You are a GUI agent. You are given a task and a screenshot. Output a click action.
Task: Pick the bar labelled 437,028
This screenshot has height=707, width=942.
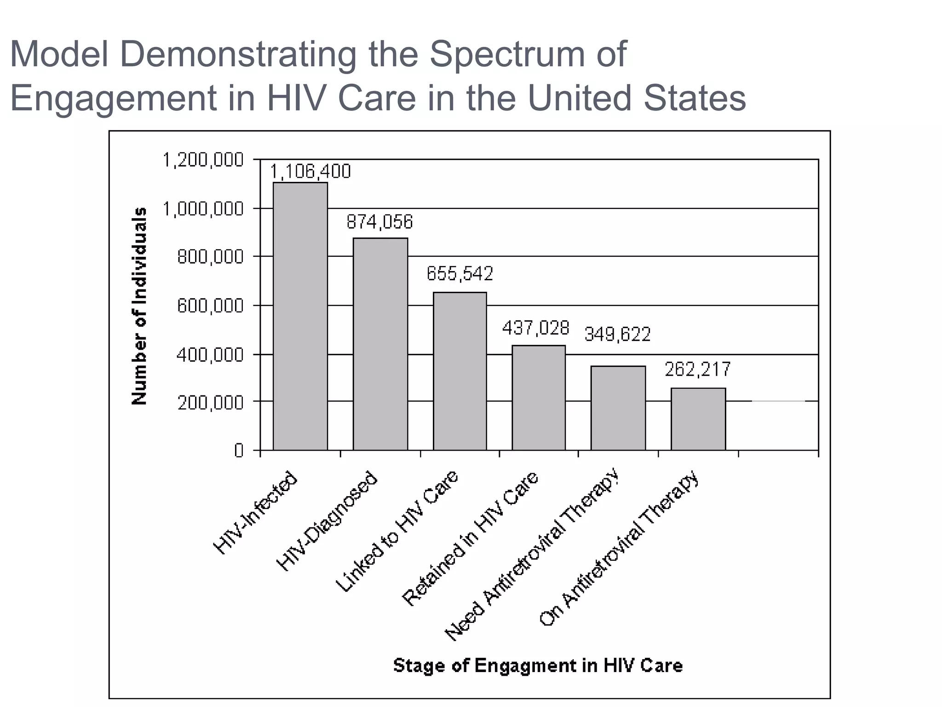click(x=539, y=398)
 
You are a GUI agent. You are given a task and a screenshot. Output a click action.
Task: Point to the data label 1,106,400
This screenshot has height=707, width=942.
click(x=310, y=171)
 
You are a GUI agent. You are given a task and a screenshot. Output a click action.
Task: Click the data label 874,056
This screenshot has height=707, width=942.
click(x=379, y=222)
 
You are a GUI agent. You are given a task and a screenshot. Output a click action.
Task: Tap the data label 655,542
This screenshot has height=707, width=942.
click(x=460, y=273)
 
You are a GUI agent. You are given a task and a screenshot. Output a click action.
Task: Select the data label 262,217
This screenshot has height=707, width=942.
click(x=697, y=369)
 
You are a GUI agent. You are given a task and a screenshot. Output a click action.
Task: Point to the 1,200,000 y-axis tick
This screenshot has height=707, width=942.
click(x=203, y=160)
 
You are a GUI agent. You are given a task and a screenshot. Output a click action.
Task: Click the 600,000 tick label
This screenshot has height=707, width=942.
click(x=210, y=306)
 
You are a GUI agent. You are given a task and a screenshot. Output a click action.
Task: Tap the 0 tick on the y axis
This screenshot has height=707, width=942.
click(x=238, y=450)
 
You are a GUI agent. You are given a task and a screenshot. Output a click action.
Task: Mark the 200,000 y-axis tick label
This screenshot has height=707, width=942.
click(x=210, y=403)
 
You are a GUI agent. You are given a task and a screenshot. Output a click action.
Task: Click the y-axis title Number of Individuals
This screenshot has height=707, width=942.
click(x=139, y=306)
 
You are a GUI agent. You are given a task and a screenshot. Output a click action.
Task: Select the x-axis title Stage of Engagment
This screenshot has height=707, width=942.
click(x=538, y=666)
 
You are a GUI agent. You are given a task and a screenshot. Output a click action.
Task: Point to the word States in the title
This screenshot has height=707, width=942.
click(x=694, y=98)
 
